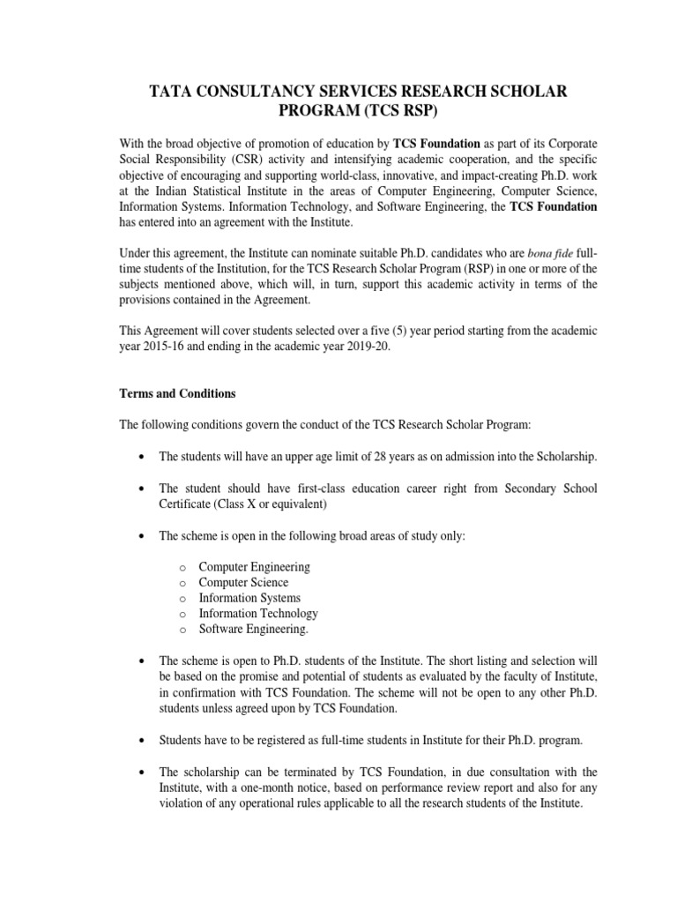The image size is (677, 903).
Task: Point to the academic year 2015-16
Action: coord(170,346)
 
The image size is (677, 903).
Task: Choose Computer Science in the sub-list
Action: coord(243,582)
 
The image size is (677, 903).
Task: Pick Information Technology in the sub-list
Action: coord(258,613)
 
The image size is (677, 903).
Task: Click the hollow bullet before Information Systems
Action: coord(182,598)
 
